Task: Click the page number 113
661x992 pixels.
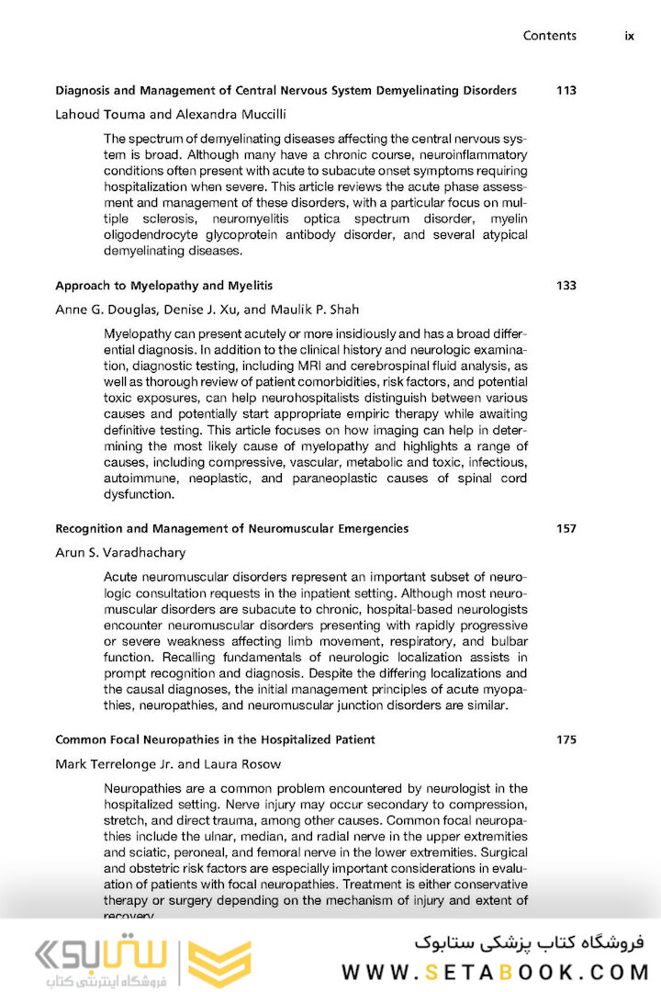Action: (566, 90)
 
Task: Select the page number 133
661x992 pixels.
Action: (566, 286)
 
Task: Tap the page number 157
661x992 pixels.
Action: (566, 528)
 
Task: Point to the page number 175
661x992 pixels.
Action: (566, 739)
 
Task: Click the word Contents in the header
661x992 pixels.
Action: (550, 36)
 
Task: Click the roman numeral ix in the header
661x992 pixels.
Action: (629, 36)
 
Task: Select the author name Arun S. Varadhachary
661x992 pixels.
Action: (120, 553)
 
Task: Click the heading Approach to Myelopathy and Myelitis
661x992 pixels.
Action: (163, 286)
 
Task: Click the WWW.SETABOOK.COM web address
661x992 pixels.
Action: (495, 972)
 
